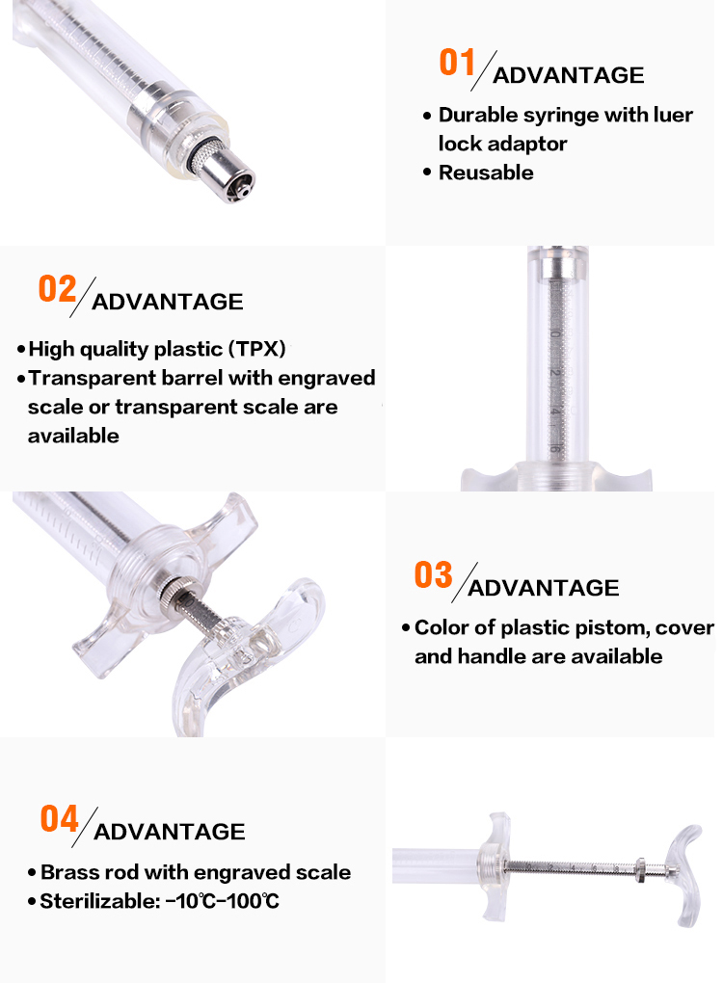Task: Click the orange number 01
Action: coord(457,62)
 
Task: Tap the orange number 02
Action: coord(57,289)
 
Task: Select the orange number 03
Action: coord(433,575)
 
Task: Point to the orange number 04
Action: coord(59,819)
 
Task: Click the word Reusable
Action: coord(486,173)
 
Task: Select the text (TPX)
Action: coord(257,349)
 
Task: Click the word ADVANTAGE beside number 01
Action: coord(568,75)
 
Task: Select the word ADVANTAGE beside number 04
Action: coord(170,832)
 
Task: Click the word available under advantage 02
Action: coord(73,436)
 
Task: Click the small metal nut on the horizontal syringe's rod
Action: coord(640,868)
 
